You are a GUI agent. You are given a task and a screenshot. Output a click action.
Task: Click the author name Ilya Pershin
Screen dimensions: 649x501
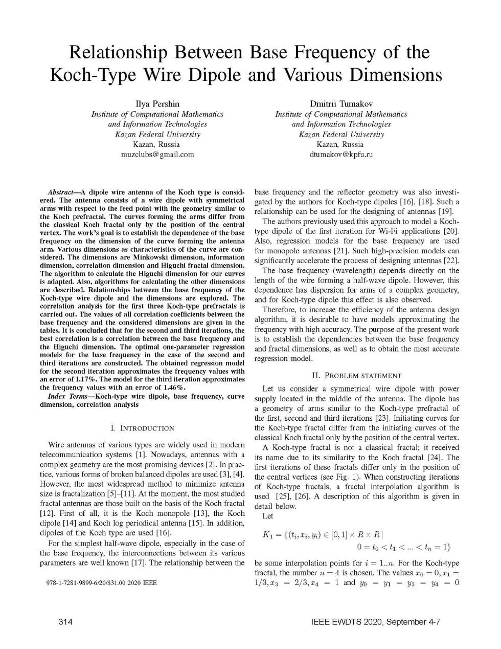point(157,104)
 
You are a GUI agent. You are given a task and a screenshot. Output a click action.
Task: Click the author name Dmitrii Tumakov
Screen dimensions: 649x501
point(341,104)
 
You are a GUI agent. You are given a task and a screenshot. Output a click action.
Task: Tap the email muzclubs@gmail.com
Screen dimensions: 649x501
point(157,154)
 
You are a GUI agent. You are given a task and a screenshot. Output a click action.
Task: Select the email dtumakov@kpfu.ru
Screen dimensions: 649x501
point(341,154)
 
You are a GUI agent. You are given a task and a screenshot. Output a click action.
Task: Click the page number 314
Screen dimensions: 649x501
point(65,622)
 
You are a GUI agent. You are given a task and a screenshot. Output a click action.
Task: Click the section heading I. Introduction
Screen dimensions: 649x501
point(142,428)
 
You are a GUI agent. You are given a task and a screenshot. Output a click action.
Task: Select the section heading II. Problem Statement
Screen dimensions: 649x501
point(357,376)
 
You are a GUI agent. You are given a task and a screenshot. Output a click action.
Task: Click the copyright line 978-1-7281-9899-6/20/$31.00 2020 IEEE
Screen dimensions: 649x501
point(98,582)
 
